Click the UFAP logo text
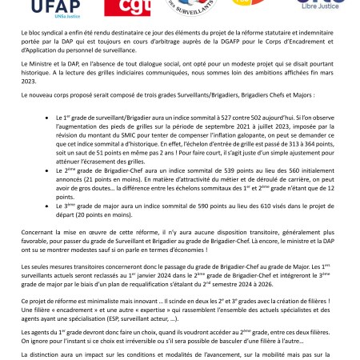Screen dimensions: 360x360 coord(47,7)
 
